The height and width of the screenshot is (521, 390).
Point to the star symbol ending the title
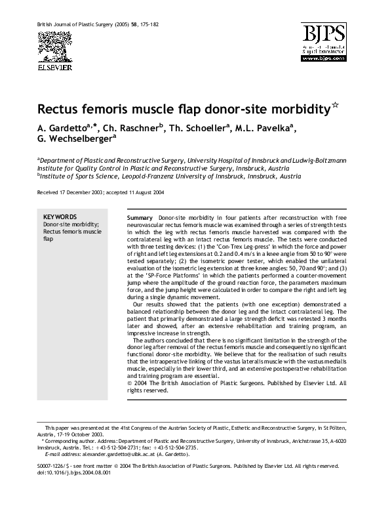click(333, 104)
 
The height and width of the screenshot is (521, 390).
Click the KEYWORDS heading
click(60, 216)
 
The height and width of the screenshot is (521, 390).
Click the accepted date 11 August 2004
click(140, 193)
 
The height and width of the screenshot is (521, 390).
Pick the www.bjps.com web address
click(325, 58)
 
